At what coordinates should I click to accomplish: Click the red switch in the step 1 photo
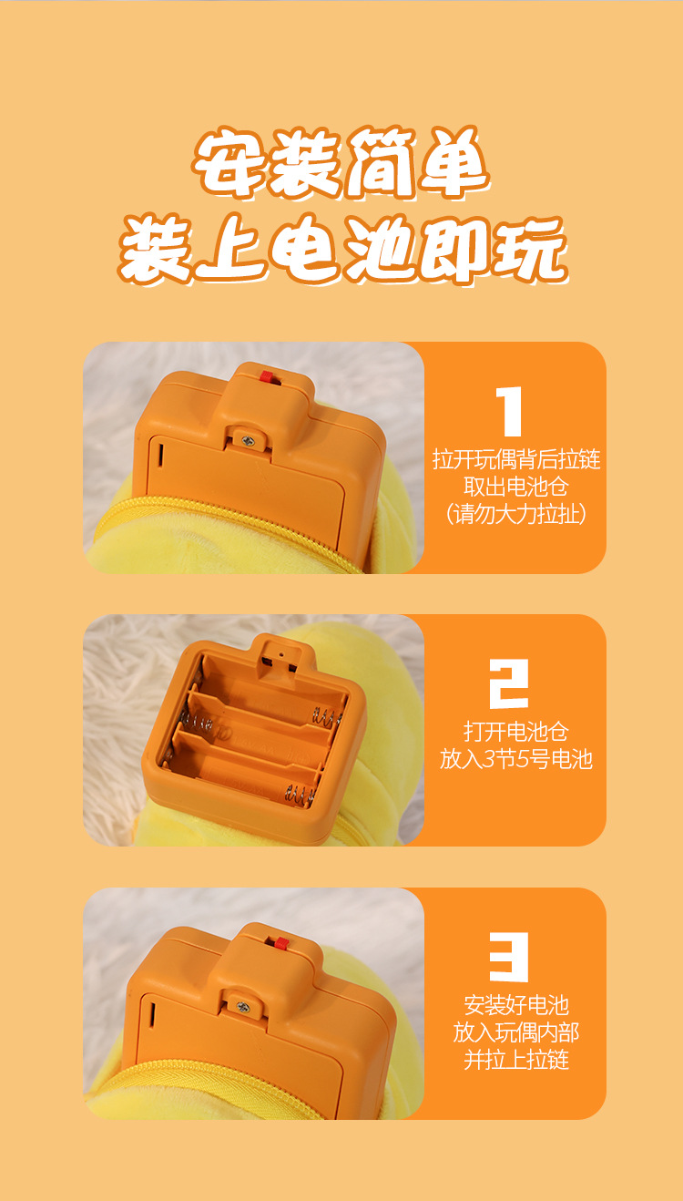[x=268, y=376]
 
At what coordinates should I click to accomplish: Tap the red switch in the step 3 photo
[x=281, y=942]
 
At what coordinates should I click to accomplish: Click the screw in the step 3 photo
[x=243, y=1007]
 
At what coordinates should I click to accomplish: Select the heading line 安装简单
[x=342, y=164]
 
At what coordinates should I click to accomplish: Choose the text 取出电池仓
[x=515, y=487]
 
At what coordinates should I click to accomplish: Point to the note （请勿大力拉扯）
[x=515, y=514]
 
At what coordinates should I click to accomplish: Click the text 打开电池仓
[x=515, y=732]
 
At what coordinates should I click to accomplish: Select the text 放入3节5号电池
[x=515, y=759]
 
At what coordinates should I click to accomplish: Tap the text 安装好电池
[x=515, y=1005]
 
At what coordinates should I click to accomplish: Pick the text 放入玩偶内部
[x=515, y=1032]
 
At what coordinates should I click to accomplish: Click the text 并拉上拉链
[x=515, y=1060]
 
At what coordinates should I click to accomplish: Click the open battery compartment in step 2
[x=255, y=729]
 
